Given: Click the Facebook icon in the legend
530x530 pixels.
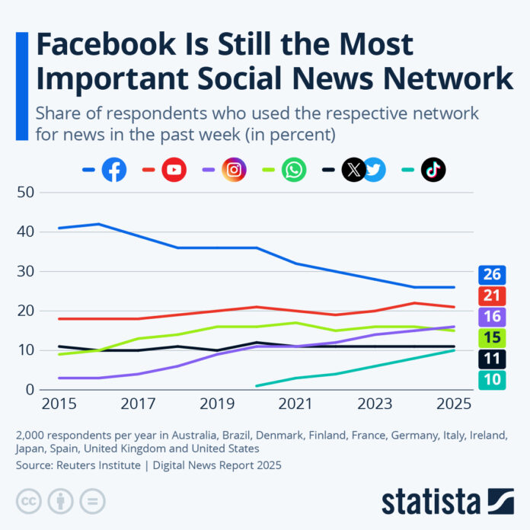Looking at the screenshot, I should (x=114, y=170).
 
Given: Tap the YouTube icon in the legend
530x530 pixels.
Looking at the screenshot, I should (x=174, y=170).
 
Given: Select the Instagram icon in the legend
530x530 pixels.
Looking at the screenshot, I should (x=235, y=170).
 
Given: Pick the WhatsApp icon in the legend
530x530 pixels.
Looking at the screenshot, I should (x=294, y=170).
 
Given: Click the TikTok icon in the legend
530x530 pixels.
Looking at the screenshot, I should (x=433, y=170).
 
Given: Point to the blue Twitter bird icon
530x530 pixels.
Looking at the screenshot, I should (x=375, y=170).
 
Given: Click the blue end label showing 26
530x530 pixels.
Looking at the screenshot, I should (x=492, y=275).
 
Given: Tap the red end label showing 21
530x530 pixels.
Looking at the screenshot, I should (x=492, y=295).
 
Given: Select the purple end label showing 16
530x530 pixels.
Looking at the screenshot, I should (x=492, y=317).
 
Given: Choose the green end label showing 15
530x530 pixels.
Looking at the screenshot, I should (x=492, y=337).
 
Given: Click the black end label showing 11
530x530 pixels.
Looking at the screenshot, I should (x=492, y=359).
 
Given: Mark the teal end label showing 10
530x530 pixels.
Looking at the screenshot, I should (x=492, y=379).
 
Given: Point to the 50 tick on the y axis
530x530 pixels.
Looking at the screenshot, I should (x=27, y=192).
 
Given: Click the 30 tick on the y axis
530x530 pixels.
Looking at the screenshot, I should (x=27, y=271).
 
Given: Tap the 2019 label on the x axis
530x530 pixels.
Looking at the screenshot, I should (x=218, y=403).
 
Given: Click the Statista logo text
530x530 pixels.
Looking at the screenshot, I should (x=431, y=502).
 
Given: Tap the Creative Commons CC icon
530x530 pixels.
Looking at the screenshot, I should (x=27, y=501).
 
